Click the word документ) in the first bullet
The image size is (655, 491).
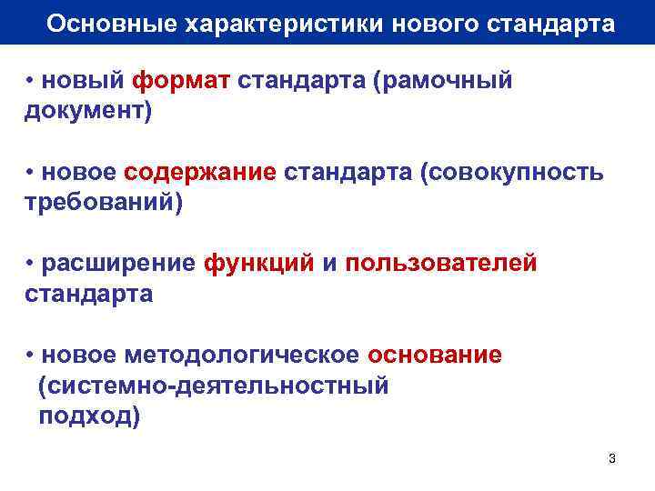88,112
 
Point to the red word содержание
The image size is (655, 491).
200,173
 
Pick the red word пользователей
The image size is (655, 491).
441,264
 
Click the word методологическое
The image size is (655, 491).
247,355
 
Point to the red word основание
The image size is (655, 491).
435,355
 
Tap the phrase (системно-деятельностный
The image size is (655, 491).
214,386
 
